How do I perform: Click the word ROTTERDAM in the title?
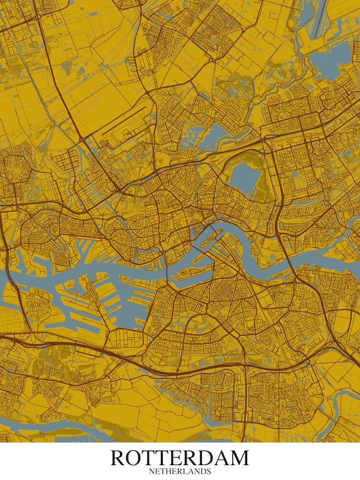pyautogui.click(x=180, y=458)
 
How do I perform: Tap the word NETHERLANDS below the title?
pyautogui.click(x=180, y=471)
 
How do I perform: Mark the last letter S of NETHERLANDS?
pyautogui.click(x=209, y=471)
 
